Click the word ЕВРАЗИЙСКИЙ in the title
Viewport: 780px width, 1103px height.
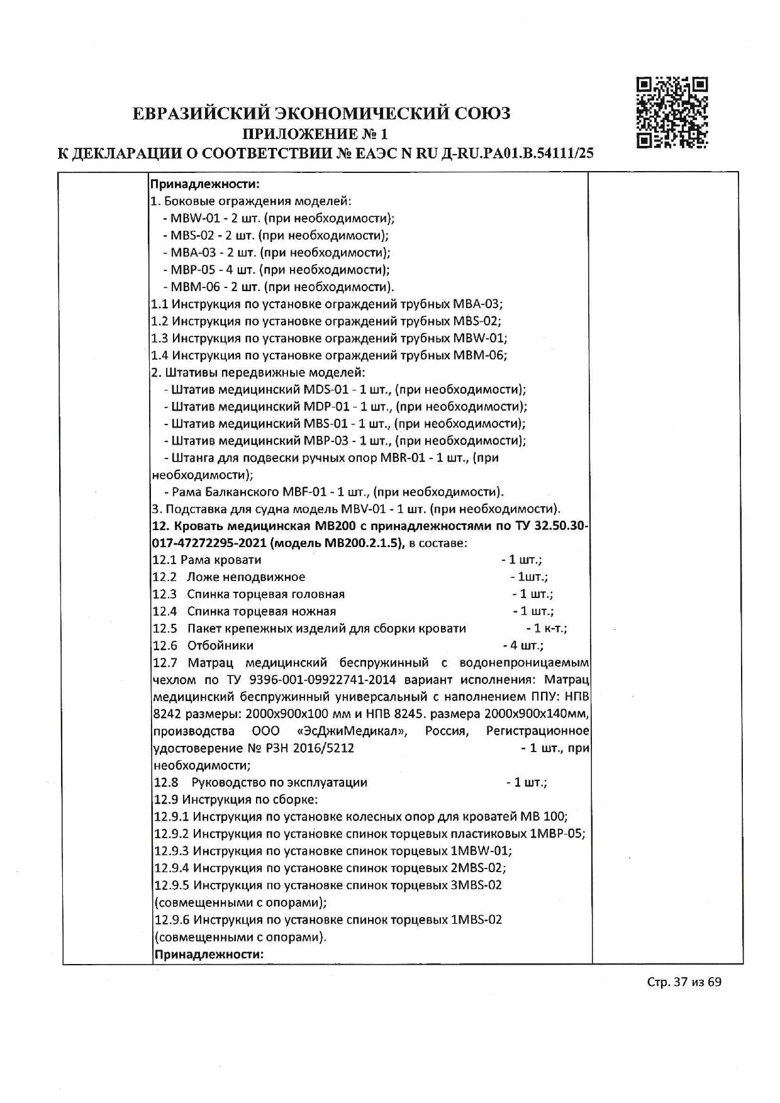click(201, 113)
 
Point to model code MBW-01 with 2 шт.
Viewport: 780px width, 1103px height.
click(189, 219)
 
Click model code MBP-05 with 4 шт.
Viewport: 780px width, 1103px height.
click(189, 270)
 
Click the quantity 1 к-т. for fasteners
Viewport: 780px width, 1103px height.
click(546, 628)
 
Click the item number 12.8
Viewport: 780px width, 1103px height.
click(166, 782)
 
